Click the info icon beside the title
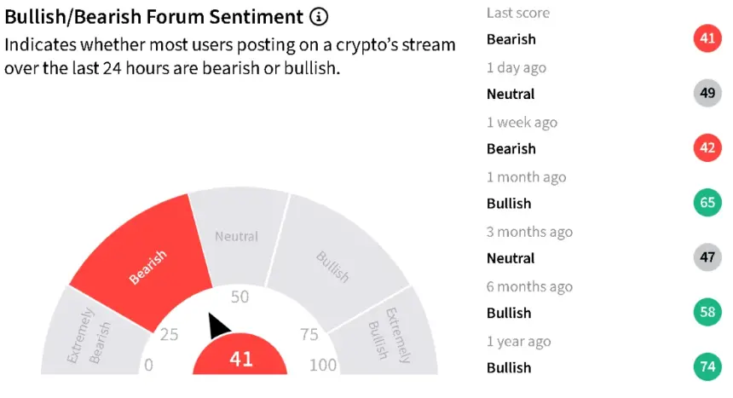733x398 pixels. click(x=319, y=17)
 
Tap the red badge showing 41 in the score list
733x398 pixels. click(x=707, y=37)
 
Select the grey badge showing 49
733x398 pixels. click(x=707, y=93)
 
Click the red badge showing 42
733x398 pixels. click(x=707, y=147)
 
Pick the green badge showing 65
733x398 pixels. click(x=707, y=202)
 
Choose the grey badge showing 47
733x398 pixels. click(x=707, y=257)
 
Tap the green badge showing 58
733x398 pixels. click(x=707, y=311)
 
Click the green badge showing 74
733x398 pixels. click(x=707, y=366)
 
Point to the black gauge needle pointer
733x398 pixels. click(x=218, y=325)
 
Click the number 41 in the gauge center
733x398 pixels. click(x=241, y=359)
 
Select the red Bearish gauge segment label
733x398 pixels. click(x=147, y=267)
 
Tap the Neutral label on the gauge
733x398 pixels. click(x=237, y=236)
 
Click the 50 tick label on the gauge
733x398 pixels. click(x=240, y=297)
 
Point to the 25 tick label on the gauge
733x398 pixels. click(x=169, y=334)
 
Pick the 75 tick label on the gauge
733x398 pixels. click(x=309, y=334)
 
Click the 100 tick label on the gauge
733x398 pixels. click(x=323, y=365)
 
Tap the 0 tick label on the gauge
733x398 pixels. click(x=148, y=365)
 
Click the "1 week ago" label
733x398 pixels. click(x=522, y=123)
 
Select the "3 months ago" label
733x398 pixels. click(x=529, y=232)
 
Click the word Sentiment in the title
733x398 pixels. click(x=256, y=17)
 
